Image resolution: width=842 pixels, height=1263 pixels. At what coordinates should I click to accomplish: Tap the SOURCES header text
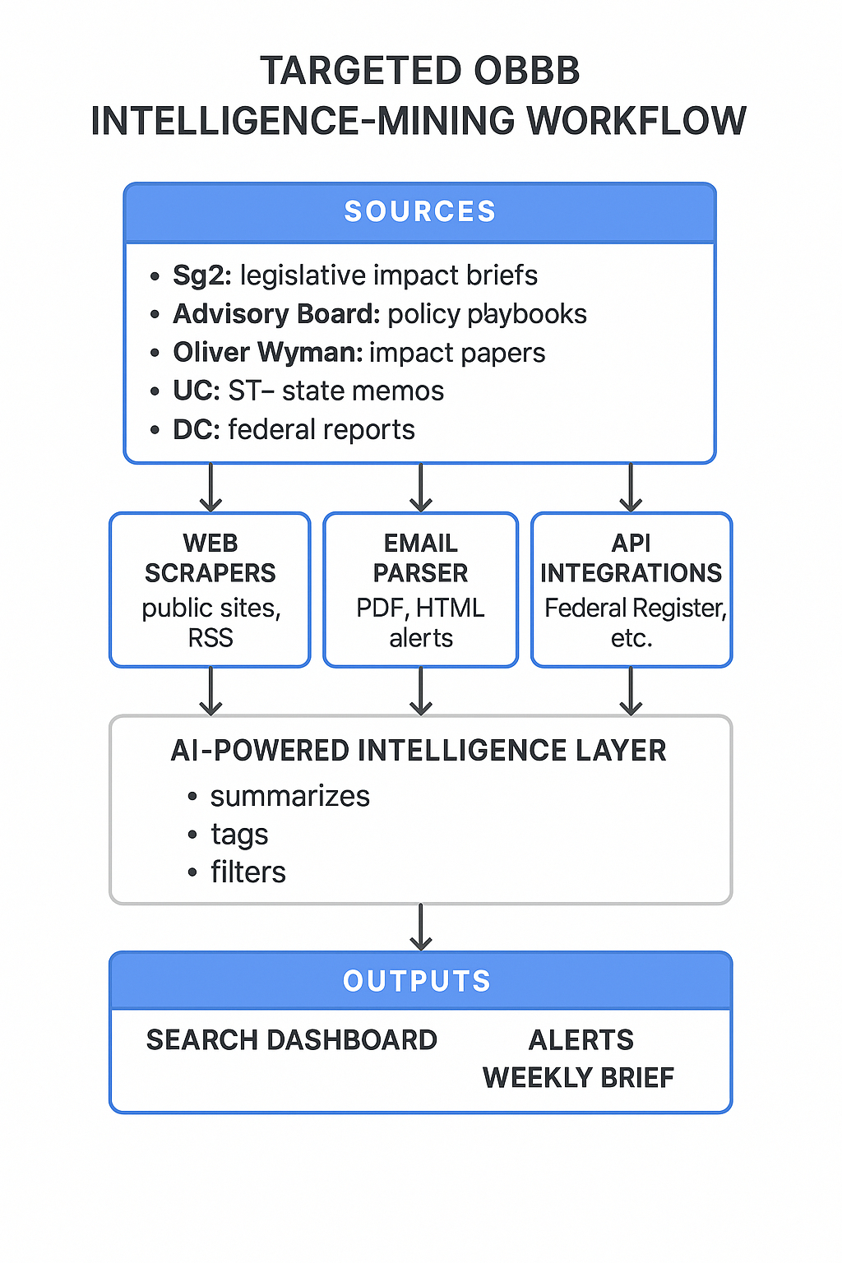pyautogui.click(x=420, y=211)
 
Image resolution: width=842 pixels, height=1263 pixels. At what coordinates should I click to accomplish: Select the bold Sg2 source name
pyautogui.click(x=202, y=275)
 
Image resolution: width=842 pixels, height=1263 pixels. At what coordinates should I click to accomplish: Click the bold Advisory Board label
pyautogui.click(x=276, y=314)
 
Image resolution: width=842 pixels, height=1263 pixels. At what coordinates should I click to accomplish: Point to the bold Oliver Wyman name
pyautogui.click(x=268, y=353)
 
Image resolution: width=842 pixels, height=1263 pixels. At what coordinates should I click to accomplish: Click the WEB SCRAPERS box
pyautogui.click(x=210, y=590)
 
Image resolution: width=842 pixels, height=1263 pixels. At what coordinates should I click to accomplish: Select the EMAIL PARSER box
pyautogui.click(x=421, y=590)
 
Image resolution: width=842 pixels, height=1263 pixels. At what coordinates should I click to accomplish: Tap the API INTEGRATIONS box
pyautogui.click(x=631, y=590)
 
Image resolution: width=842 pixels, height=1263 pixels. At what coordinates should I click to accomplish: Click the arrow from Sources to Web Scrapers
pyautogui.click(x=211, y=488)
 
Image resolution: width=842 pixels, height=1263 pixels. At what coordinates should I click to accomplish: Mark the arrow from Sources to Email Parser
pyautogui.click(x=421, y=488)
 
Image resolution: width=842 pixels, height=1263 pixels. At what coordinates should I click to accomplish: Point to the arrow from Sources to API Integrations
pyautogui.click(x=631, y=488)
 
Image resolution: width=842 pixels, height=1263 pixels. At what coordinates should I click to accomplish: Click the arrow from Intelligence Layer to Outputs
pyautogui.click(x=421, y=928)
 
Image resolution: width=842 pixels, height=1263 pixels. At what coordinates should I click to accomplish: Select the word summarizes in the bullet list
pyautogui.click(x=290, y=796)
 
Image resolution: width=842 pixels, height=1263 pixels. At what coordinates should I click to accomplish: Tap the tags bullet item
pyautogui.click(x=239, y=835)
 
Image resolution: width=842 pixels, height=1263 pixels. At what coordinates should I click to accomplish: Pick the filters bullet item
pyautogui.click(x=248, y=872)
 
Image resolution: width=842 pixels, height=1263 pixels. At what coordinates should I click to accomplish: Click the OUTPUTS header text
pyautogui.click(x=417, y=981)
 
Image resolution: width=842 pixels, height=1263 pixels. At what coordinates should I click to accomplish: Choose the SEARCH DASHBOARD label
pyautogui.click(x=292, y=1040)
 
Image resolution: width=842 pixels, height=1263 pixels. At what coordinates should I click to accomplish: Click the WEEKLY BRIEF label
pyautogui.click(x=578, y=1077)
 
